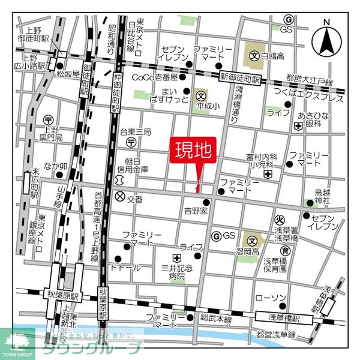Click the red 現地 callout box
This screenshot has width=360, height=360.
[x=194, y=150]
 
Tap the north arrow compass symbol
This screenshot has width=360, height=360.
[x=328, y=38]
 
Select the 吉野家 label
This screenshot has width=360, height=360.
[x=195, y=211]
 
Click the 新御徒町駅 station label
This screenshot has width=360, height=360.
[x=239, y=79]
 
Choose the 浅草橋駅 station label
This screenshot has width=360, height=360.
[x=280, y=316]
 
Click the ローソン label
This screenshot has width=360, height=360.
[x=268, y=298]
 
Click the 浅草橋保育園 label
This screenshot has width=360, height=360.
[x=275, y=265]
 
